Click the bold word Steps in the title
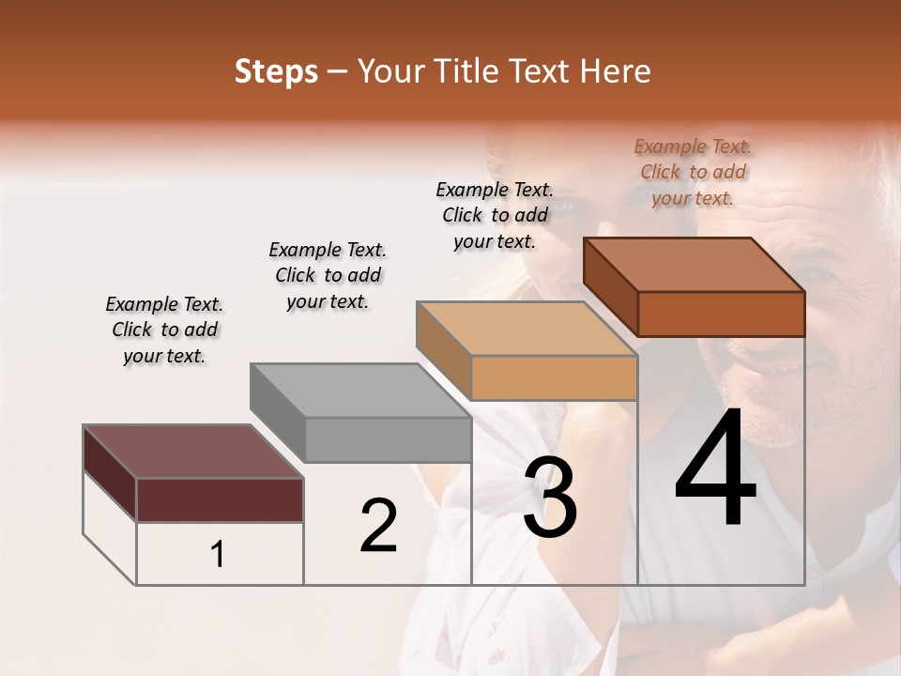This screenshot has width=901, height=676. pyautogui.click(x=276, y=71)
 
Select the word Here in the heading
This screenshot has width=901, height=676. pyautogui.click(x=615, y=71)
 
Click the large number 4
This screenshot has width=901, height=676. pyautogui.click(x=715, y=469)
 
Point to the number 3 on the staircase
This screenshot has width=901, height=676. pyautogui.click(x=549, y=499)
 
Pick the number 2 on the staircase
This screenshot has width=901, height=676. pyautogui.click(x=378, y=526)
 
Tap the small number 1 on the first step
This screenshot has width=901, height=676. pyautogui.click(x=218, y=555)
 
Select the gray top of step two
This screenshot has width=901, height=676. pyautogui.click(x=359, y=391)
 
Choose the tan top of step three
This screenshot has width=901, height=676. pyautogui.click(x=527, y=329)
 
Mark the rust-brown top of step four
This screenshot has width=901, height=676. pyautogui.click(x=694, y=265)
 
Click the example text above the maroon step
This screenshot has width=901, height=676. pyautogui.click(x=164, y=330)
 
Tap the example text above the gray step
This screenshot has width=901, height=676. pyautogui.click(x=328, y=276)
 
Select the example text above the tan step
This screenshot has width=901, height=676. pyautogui.click(x=495, y=215)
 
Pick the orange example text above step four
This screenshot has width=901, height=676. pyautogui.click(x=693, y=172)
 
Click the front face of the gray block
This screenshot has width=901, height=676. pyautogui.click(x=388, y=439)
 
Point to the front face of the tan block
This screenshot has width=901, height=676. pyautogui.click(x=554, y=378)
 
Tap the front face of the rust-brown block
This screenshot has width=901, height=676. pyautogui.click(x=721, y=314)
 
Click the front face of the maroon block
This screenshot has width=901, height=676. pyautogui.click(x=220, y=499)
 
